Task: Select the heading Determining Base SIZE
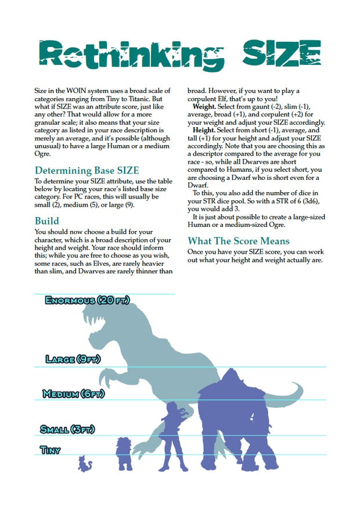click(87, 171)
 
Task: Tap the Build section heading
click(46, 221)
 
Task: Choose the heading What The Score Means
click(239, 241)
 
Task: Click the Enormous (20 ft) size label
click(87, 301)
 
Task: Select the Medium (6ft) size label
click(73, 394)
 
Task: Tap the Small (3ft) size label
click(67, 429)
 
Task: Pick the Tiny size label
click(50, 449)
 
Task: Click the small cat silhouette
click(85, 463)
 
